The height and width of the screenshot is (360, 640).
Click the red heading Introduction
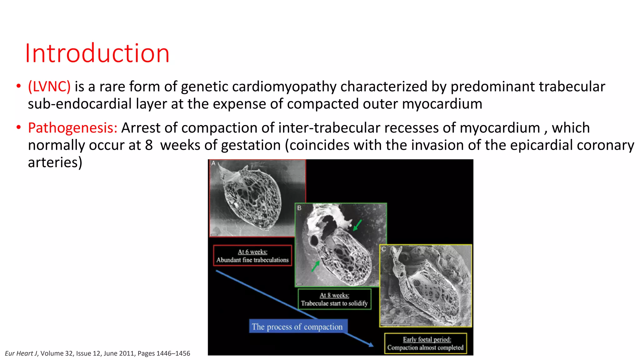pos(97,53)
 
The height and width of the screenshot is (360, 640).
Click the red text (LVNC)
pos(49,87)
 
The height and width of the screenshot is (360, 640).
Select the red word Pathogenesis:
pos(72,128)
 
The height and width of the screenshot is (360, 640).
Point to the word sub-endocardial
pos(80,104)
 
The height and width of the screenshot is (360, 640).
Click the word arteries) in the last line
pos(55,162)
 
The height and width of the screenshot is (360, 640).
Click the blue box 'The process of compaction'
pos(297,327)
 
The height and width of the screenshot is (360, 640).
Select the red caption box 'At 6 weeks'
pos(252,256)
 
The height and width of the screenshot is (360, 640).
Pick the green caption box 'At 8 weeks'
pos(334,299)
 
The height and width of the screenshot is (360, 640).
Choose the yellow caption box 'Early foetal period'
pos(425,343)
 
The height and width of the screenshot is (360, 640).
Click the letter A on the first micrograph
pos(213,163)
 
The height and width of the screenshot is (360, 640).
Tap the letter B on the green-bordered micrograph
pos(299,208)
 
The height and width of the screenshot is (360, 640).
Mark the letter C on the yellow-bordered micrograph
pos(384,249)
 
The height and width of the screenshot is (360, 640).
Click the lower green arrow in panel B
pos(315,266)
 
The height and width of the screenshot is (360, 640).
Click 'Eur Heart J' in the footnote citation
pos(21,353)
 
